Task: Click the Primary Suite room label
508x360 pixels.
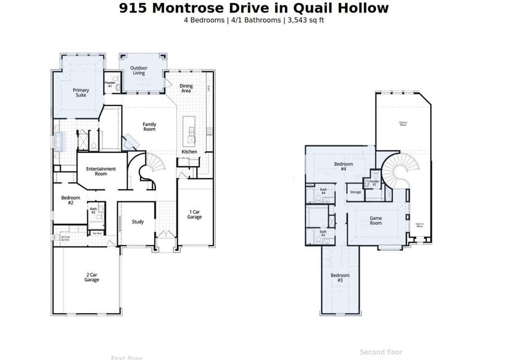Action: coord(81,93)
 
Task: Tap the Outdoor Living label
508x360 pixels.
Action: coord(142,71)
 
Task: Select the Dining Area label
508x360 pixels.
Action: coord(186,89)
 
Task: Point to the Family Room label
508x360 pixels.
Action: coord(149,127)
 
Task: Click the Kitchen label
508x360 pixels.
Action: coord(189,152)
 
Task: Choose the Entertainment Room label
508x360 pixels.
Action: coord(101,172)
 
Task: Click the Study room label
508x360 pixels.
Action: coord(137,222)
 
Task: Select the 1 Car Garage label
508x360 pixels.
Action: coord(194,214)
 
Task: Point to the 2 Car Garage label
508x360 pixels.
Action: coord(92,277)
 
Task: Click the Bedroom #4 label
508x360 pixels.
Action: coord(343,166)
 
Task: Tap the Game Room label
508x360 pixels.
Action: coord(375,220)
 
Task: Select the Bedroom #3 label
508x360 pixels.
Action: coord(340,278)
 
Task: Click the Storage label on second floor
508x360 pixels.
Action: coord(355,192)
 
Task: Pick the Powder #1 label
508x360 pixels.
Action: coord(110,85)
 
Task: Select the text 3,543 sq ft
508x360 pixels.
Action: coord(305,20)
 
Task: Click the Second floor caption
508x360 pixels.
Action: coord(381,352)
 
